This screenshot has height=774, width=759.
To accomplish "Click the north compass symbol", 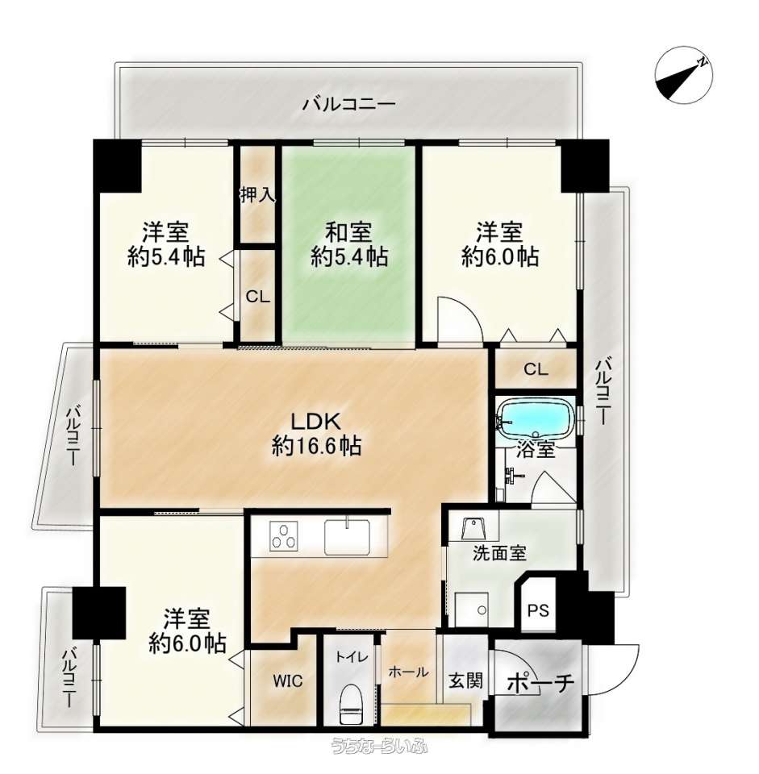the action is (x=683, y=76).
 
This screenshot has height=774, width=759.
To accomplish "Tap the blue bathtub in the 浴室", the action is (x=536, y=418).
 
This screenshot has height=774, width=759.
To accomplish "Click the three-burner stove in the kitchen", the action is (x=283, y=536).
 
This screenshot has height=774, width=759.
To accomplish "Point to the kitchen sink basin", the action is (x=347, y=536).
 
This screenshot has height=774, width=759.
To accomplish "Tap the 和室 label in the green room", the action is (x=348, y=232).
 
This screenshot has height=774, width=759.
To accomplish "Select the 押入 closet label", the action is (x=257, y=195).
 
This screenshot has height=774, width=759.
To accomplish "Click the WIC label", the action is (x=288, y=681).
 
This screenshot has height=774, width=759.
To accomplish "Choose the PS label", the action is (x=538, y=610).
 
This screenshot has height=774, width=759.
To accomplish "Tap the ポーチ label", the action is (x=541, y=683).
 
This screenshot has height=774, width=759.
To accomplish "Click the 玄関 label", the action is (x=465, y=681).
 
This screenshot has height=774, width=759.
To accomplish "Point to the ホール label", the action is (x=408, y=672).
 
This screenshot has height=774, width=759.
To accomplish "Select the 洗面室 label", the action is (x=499, y=553).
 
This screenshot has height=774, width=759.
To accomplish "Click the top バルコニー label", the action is (x=349, y=104).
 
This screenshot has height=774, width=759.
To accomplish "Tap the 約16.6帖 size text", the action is (x=316, y=446).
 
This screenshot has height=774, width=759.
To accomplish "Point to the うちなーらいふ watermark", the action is (x=379, y=746).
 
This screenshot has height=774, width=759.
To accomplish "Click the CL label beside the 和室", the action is (x=258, y=297).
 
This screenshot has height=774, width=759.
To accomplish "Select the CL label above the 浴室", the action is (x=536, y=369).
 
